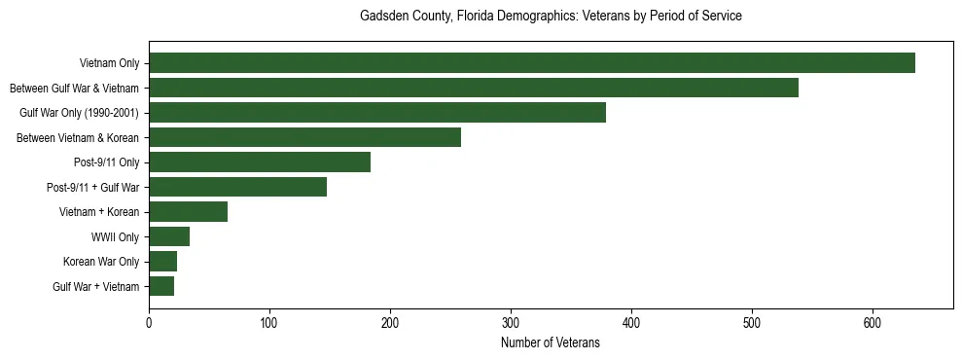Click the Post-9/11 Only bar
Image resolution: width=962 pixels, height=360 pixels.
[260, 162]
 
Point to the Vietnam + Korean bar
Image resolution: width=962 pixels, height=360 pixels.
[188, 212]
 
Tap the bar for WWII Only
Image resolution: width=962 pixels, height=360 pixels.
[169, 236]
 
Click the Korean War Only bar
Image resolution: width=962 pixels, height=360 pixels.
[162, 262]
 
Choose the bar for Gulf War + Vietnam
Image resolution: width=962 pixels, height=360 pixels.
[161, 286]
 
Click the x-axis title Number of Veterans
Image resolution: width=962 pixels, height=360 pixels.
[551, 343]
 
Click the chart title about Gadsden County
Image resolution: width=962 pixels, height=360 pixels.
[551, 17]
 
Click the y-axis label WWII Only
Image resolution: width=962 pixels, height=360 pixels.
[115, 236]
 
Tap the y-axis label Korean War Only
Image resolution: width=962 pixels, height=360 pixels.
[101, 262]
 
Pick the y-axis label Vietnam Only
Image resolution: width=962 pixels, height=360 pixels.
[109, 63]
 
